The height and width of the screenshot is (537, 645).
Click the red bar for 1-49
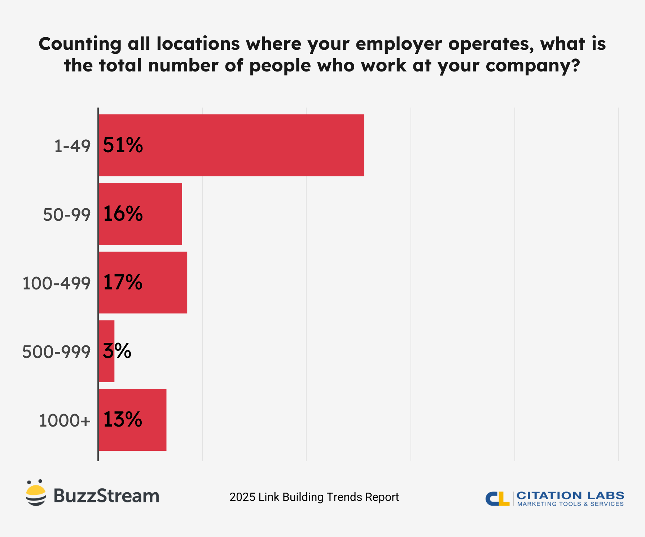(x=253, y=145)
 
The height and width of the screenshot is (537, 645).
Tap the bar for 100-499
(x=162, y=283)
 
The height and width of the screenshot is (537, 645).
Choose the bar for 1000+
(x=152, y=420)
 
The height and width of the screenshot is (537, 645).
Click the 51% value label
(x=123, y=145)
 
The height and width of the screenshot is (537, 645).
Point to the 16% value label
(x=123, y=214)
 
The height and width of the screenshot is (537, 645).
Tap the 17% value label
(x=123, y=283)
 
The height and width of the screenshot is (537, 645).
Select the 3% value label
(x=117, y=351)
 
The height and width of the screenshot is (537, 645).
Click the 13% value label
(x=123, y=420)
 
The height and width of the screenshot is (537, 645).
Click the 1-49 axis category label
(x=72, y=147)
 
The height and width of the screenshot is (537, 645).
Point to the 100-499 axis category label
(x=56, y=284)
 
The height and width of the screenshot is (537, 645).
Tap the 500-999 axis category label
(x=56, y=352)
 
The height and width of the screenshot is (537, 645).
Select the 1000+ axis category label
(x=65, y=421)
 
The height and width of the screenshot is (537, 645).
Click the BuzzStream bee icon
(x=36, y=493)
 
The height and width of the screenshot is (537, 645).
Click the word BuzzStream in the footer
(x=106, y=496)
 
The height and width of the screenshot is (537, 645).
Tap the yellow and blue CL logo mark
(x=497, y=499)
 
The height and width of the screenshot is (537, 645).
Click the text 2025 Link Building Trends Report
(x=314, y=497)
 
